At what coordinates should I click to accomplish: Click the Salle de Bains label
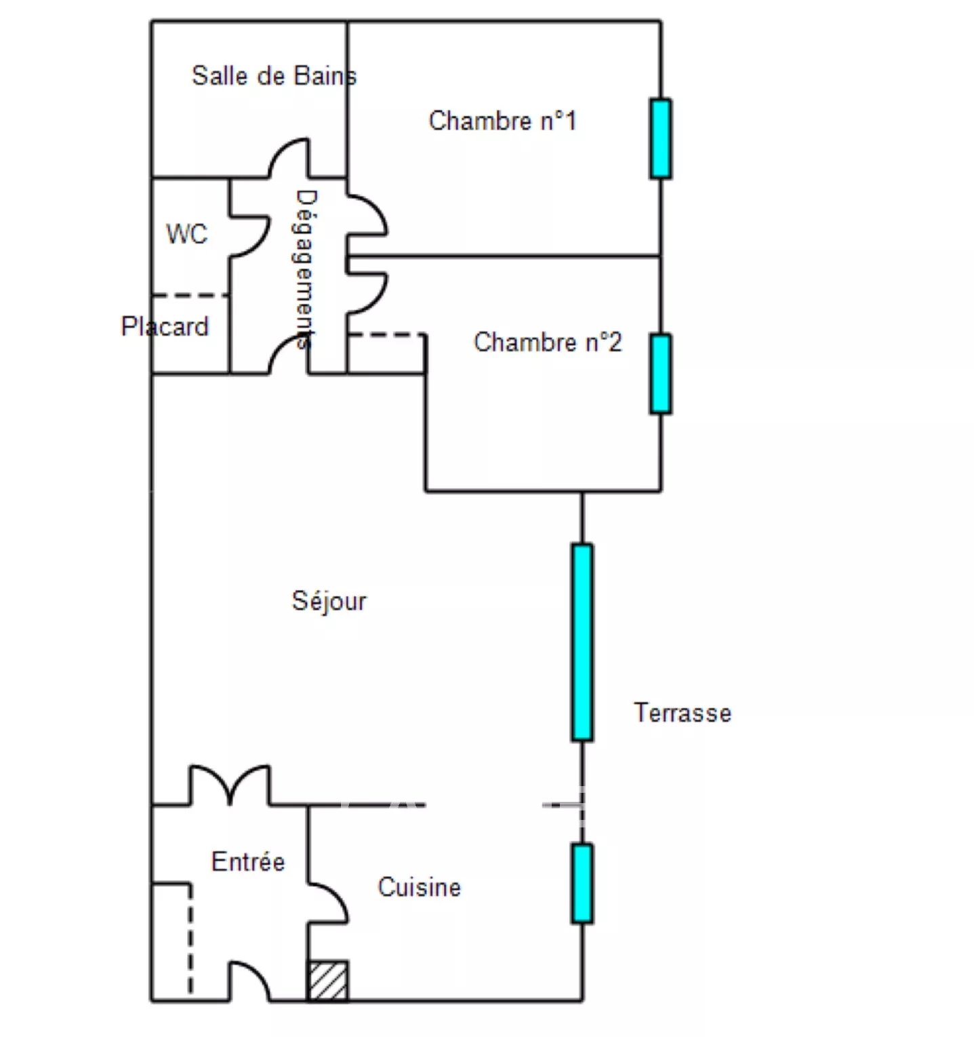[274, 75]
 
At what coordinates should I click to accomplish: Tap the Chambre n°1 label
[502, 121]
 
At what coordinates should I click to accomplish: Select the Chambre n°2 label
[547, 342]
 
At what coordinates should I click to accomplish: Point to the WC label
[186, 234]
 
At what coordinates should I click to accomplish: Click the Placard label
[165, 326]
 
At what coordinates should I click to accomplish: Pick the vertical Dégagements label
[306, 269]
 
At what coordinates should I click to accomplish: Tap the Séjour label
[329, 602]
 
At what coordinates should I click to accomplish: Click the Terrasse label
[683, 713]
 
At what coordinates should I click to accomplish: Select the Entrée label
[248, 861]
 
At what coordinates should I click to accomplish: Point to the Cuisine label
[419, 887]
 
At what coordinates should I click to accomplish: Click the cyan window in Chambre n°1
[661, 139]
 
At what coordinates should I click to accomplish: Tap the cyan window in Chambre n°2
[661, 374]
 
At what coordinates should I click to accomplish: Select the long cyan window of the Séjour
[582, 642]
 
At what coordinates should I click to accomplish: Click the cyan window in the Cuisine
[582, 884]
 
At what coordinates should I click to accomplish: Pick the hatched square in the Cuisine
[328, 981]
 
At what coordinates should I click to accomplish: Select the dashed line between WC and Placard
[190, 296]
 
